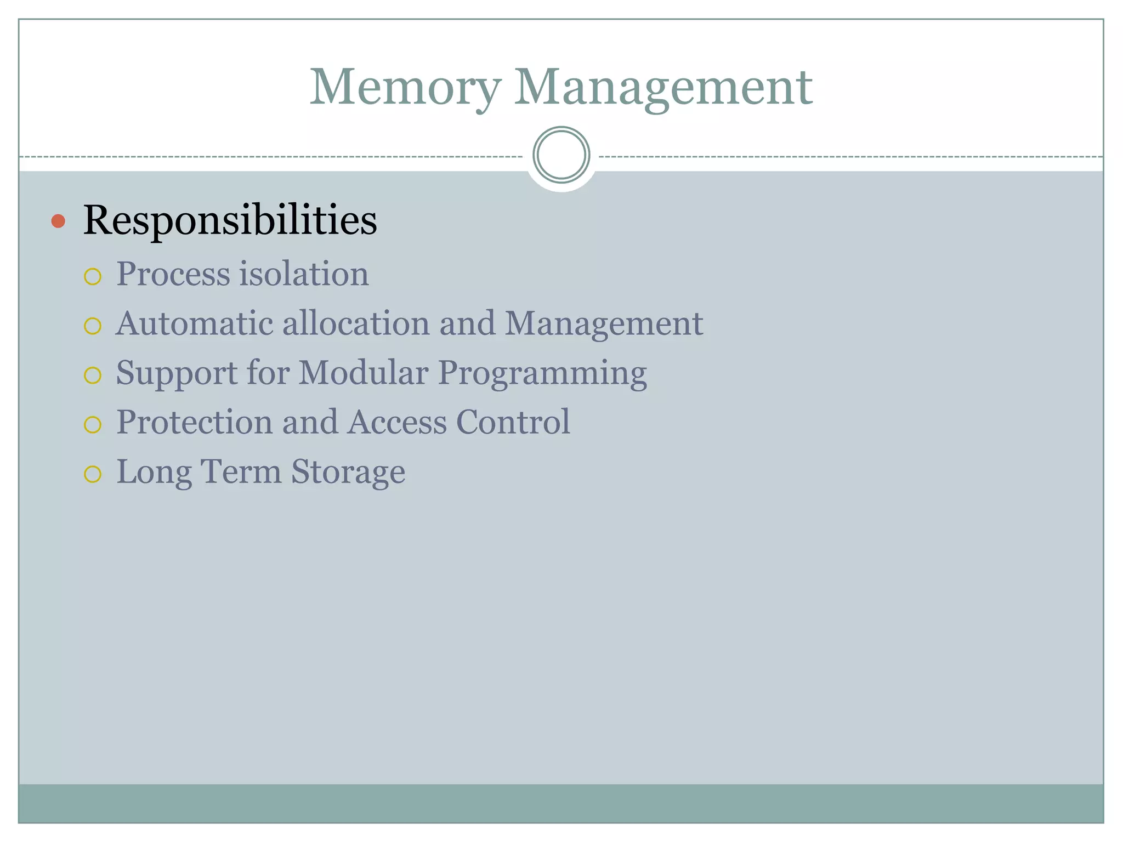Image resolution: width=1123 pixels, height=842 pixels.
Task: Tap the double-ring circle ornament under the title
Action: pos(561,155)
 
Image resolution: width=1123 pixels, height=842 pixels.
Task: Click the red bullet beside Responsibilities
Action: pos(58,221)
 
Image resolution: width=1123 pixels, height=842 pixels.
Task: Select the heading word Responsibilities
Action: pos(230,220)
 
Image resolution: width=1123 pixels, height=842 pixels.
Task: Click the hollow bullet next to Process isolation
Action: pos(93,276)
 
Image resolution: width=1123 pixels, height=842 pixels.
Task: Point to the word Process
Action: pos(173,274)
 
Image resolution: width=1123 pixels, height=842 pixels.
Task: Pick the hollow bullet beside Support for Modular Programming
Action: pos(93,376)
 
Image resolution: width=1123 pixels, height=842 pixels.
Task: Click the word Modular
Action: pos(363,373)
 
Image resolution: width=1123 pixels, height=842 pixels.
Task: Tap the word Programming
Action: pos(542,374)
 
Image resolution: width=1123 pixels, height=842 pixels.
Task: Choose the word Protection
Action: pos(195,422)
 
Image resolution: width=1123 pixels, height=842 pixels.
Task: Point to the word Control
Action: pos(513,422)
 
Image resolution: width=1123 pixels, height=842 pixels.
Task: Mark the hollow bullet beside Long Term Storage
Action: pos(93,474)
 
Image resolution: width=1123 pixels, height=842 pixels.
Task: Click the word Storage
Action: pos(348,472)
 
